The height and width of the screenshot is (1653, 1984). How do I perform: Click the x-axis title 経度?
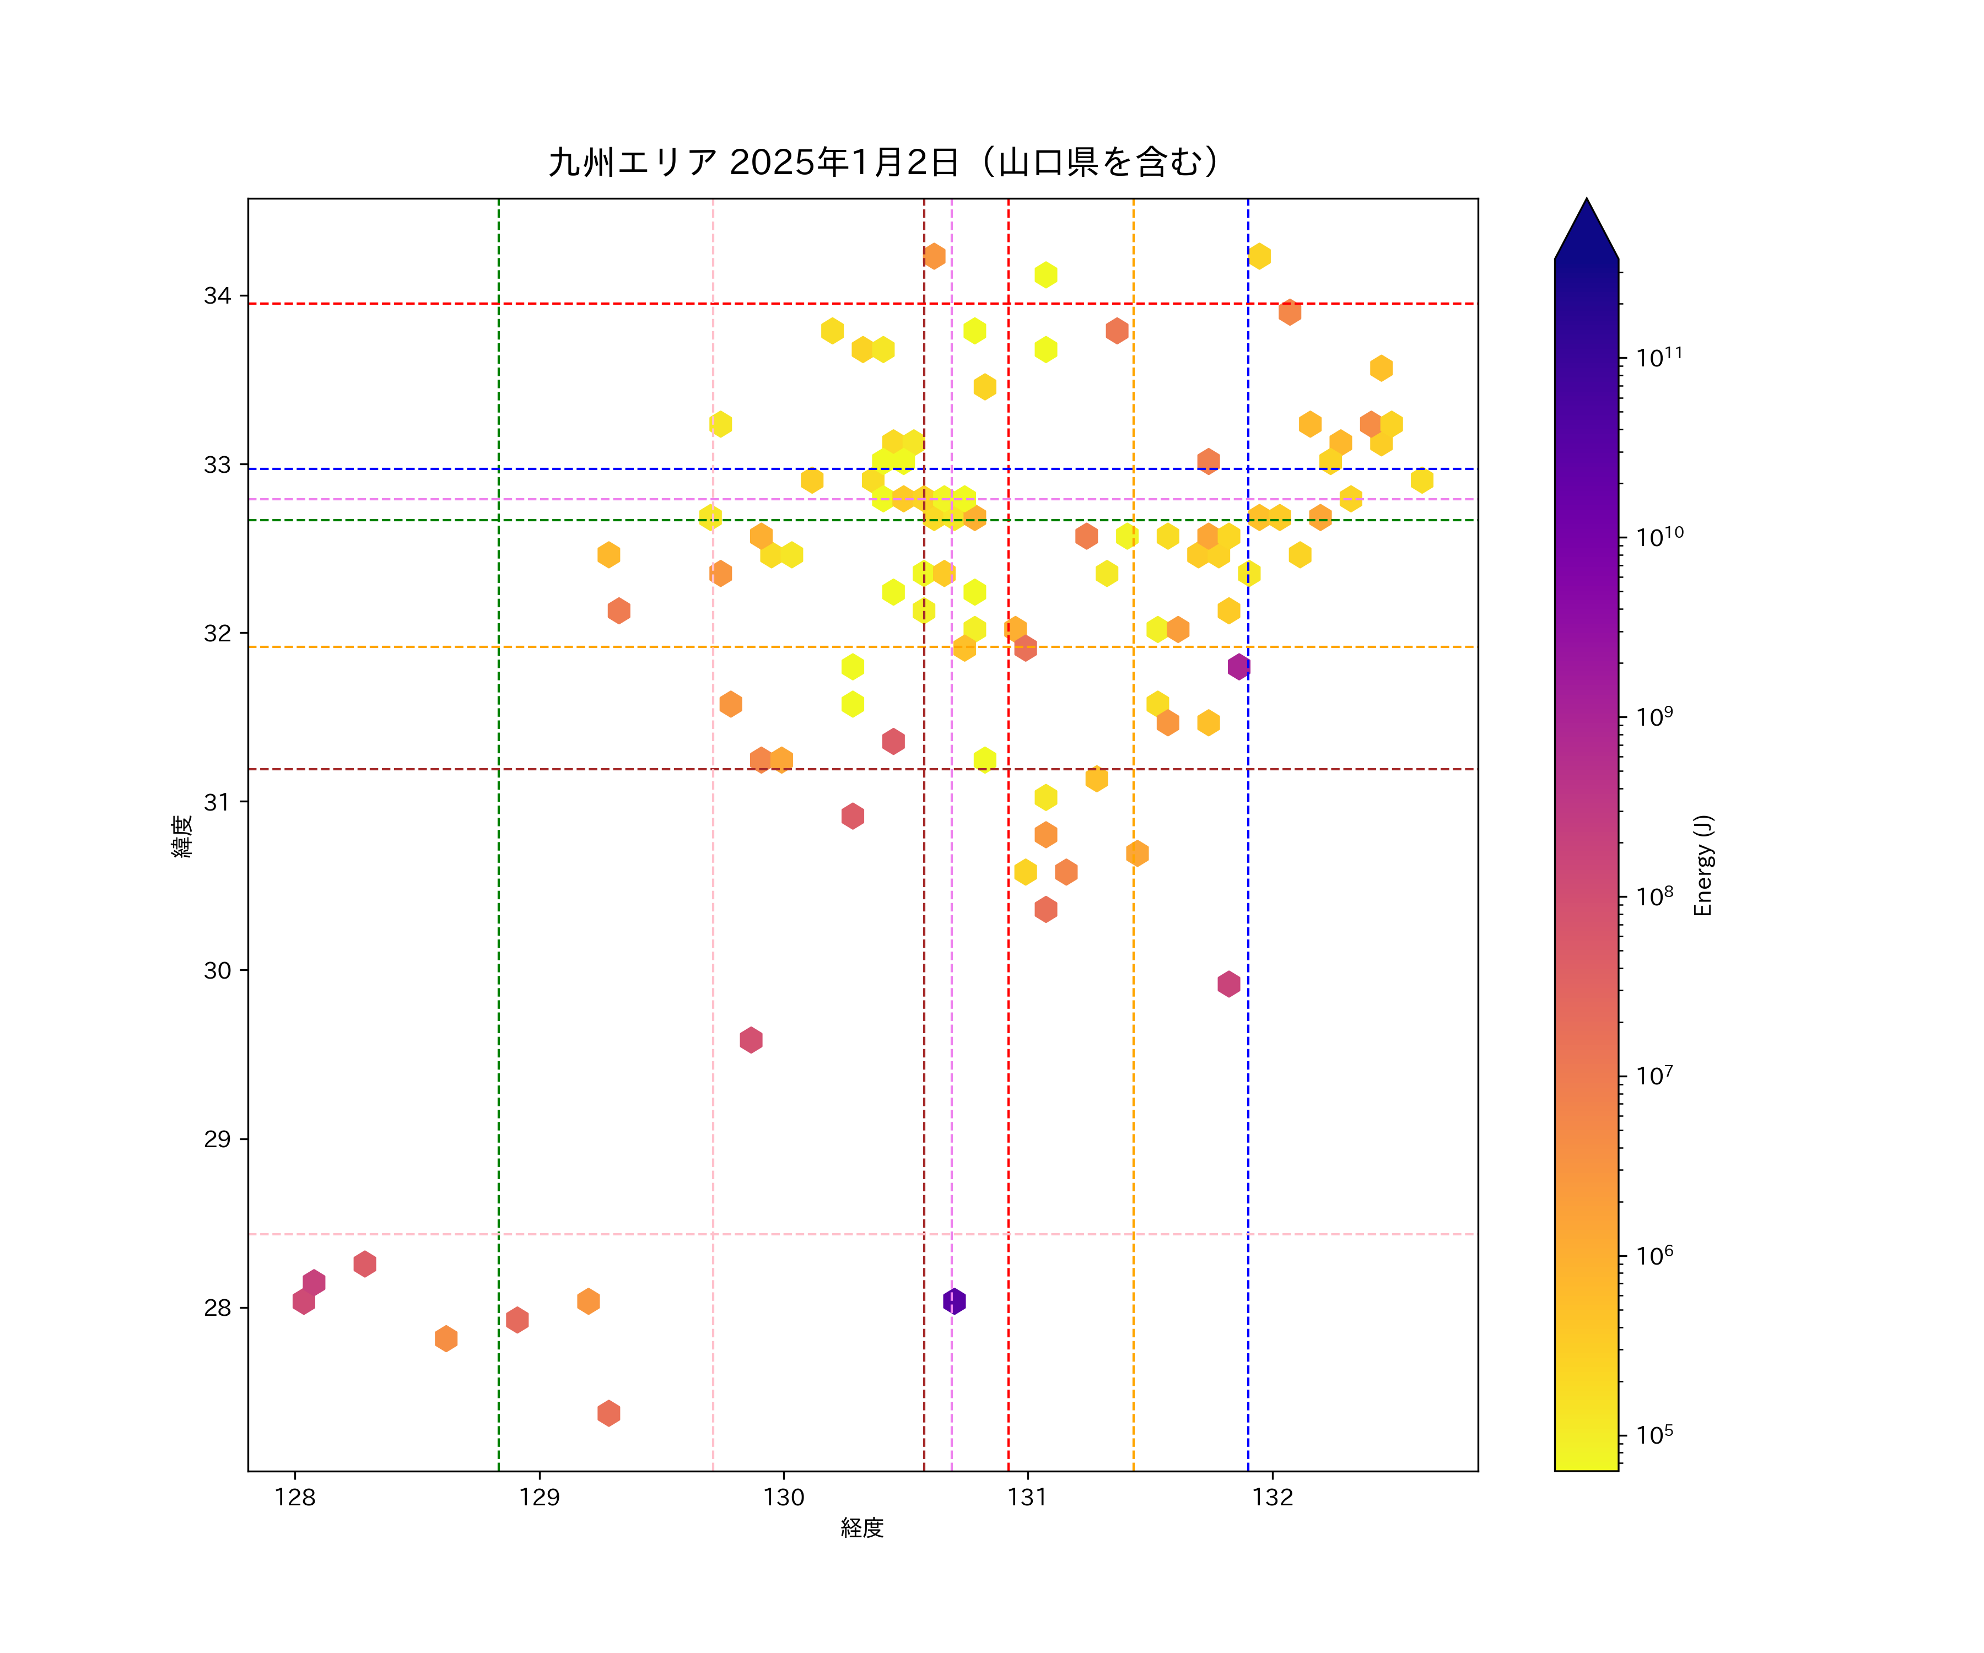[x=861, y=1527]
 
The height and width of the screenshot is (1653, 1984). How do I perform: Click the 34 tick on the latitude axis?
[x=217, y=296]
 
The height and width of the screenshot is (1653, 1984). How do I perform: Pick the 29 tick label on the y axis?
[x=217, y=1139]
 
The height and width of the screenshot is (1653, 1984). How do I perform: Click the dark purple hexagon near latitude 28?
[x=954, y=1301]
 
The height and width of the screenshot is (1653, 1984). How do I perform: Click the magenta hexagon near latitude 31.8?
[x=1238, y=667]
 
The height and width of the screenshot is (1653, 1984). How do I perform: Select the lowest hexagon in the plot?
[x=608, y=1413]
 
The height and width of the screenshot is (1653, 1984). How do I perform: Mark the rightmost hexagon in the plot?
[x=1422, y=480]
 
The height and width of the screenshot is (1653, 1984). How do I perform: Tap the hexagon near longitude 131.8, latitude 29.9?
[x=1228, y=984]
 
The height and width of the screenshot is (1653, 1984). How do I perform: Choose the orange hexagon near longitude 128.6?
[x=446, y=1338]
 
